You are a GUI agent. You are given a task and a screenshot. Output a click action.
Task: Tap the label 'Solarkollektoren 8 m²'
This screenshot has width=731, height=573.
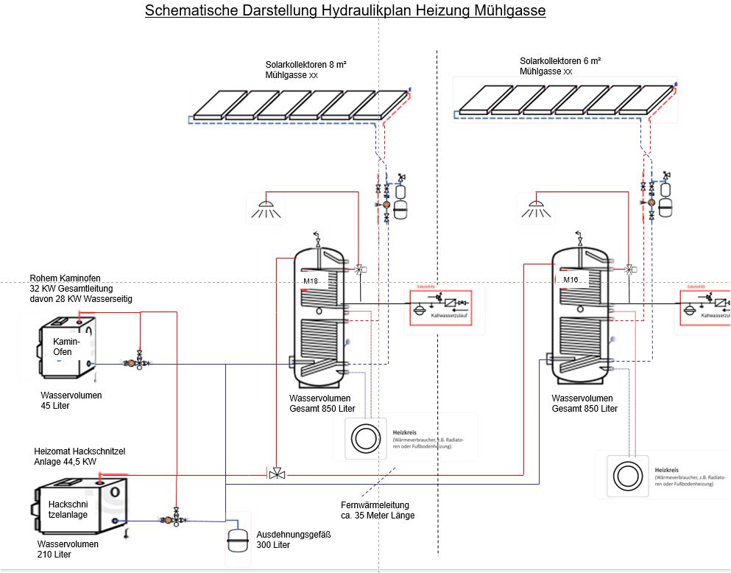pos(306,65)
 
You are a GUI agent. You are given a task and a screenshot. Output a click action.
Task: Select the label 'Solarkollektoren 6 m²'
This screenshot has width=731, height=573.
pos(560,61)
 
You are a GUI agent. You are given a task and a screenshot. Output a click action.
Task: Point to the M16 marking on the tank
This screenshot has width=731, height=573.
pos(570,280)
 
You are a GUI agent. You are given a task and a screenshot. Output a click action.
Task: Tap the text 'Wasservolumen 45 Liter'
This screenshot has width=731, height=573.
pos(71,401)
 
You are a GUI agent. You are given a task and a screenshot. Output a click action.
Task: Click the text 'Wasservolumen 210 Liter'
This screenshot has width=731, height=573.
pos(68,549)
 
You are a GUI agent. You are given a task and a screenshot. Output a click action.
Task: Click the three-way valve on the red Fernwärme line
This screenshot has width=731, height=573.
pos(277,473)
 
